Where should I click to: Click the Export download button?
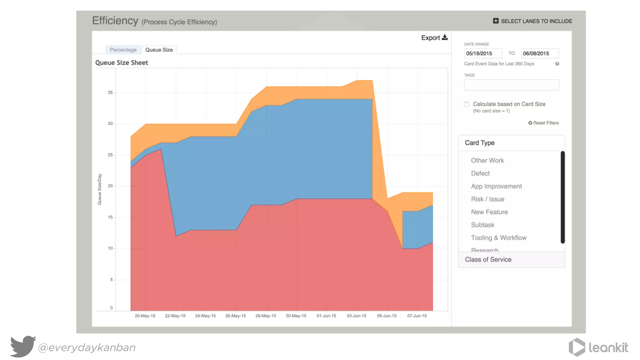[x=434, y=37]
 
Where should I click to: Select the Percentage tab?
[x=123, y=50]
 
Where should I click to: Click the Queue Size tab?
[x=159, y=50]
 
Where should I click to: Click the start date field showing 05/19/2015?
[x=483, y=53]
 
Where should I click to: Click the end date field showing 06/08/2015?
[x=540, y=53]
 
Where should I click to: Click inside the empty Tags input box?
[x=511, y=85]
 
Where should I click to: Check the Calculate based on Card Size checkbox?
[x=467, y=104]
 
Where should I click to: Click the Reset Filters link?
[x=543, y=123]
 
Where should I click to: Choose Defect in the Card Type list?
[x=480, y=173]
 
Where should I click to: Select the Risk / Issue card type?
[x=487, y=199]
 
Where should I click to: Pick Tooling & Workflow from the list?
[x=498, y=238]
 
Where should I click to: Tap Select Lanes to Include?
[x=532, y=21]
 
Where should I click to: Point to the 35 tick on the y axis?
[x=110, y=92]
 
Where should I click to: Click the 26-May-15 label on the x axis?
[x=235, y=316]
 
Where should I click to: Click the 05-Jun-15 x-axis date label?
[x=387, y=316]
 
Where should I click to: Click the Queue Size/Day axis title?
[x=99, y=189]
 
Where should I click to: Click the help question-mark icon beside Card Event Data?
[x=557, y=64]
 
